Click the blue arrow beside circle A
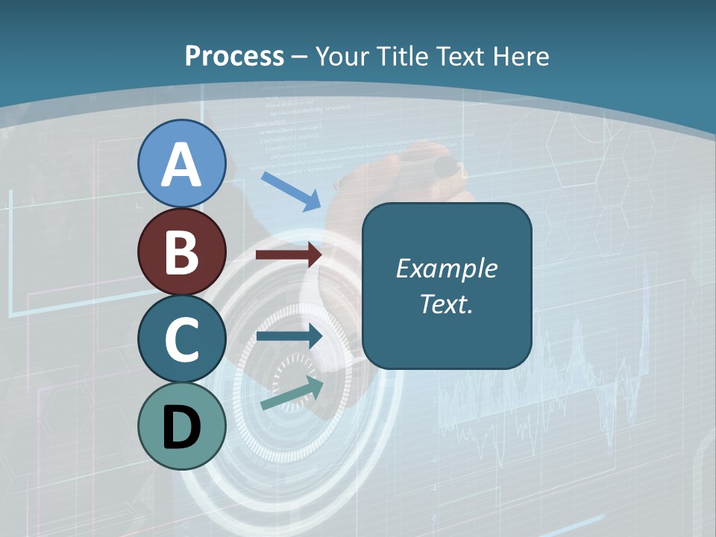coord(291,191)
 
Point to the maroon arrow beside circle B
coord(289,255)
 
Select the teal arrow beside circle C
coord(289,336)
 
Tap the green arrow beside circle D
coord(292,393)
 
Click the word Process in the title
coord(234,56)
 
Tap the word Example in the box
coord(446,268)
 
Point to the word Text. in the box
coord(446,304)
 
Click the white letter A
coord(181,165)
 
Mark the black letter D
coord(181,428)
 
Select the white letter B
coord(181,252)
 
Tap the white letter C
coord(181,340)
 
